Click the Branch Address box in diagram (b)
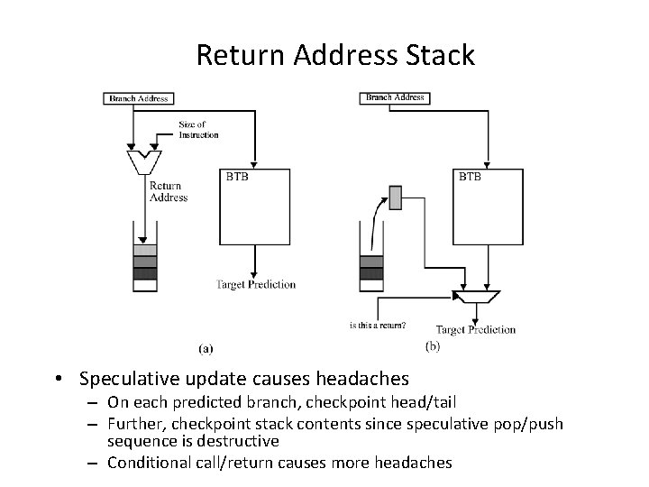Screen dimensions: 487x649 pyautogui.click(x=395, y=97)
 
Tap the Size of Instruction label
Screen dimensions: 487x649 pyautogui.click(x=197, y=130)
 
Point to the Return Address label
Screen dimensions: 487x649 pyautogui.click(x=168, y=192)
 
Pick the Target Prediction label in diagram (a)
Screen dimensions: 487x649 pyautogui.click(x=256, y=285)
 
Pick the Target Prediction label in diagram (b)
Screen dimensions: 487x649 pyautogui.click(x=476, y=329)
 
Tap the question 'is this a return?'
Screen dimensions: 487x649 pyautogui.click(x=378, y=326)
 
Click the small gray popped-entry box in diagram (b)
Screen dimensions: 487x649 pyautogui.click(x=396, y=197)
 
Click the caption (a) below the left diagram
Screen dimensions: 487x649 pyautogui.click(x=206, y=346)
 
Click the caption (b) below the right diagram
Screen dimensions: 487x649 pyautogui.click(x=432, y=346)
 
